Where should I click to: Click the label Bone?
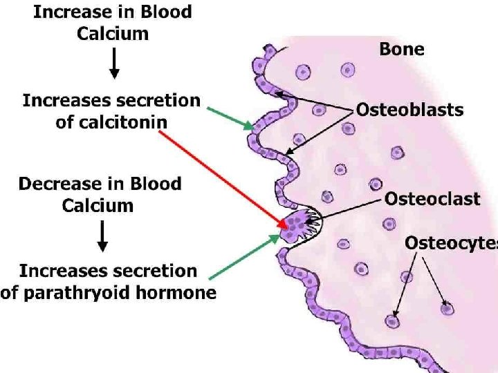click(x=402, y=49)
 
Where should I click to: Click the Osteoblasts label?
click(x=409, y=109)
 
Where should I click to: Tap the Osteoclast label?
click(x=432, y=200)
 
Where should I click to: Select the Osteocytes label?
click(x=450, y=242)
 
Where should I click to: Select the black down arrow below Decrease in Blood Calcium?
click(x=102, y=235)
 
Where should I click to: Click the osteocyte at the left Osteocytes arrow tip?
click(x=393, y=321)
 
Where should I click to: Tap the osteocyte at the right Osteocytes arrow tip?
click(x=448, y=309)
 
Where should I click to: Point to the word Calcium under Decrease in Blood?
click(x=98, y=205)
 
